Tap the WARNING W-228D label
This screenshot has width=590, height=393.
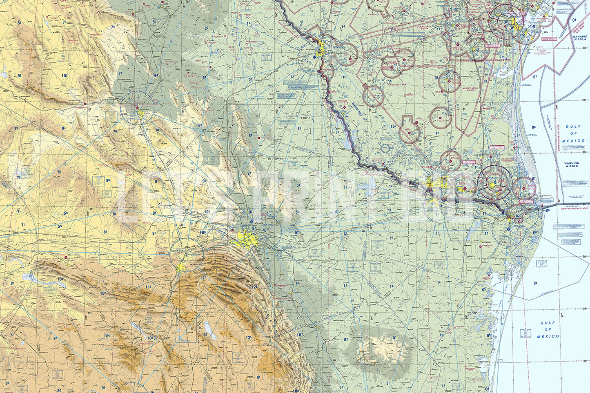pyautogui.click(x=572, y=165)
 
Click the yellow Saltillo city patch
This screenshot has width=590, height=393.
pyautogui.click(x=181, y=268)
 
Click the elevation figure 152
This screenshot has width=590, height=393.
pyautogui.click(x=393, y=127)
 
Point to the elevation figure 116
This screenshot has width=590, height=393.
pyautogui.click(x=147, y=287)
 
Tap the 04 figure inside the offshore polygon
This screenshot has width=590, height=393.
pyautogui.click(x=535, y=283)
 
